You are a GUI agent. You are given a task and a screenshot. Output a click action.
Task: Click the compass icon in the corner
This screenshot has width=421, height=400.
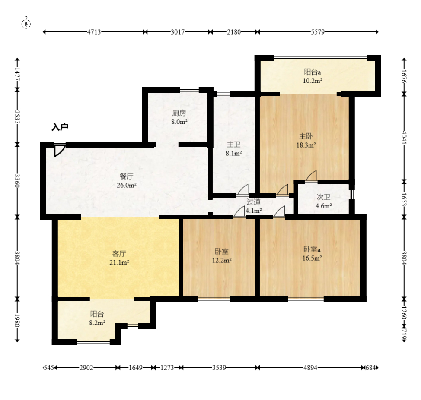(x=26, y=24)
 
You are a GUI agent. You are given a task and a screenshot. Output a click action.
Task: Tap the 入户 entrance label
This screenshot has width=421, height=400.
(x=60, y=127)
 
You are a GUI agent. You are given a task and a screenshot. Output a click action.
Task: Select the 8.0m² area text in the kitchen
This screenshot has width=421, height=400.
(x=179, y=122)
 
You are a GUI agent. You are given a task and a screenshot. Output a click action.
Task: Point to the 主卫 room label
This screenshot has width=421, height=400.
(x=233, y=145)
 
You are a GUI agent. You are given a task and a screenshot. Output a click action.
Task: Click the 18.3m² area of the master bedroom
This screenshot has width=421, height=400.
(x=306, y=145)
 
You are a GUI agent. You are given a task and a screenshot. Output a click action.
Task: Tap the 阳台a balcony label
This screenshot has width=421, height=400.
(x=313, y=72)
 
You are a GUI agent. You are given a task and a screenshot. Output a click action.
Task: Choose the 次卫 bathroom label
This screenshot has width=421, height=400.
(x=324, y=197)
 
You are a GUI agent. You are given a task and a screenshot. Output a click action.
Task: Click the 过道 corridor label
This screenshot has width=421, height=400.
(x=253, y=202)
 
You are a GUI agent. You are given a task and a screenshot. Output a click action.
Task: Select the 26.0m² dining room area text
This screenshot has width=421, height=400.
(x=127, y=185)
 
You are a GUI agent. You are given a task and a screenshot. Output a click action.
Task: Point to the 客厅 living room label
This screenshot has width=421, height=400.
(x=119, y=254)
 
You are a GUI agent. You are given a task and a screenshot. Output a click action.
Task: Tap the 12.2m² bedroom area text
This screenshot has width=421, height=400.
(x=222, y=260)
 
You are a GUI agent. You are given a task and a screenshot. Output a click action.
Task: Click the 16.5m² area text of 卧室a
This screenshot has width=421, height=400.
(x=312, y=258)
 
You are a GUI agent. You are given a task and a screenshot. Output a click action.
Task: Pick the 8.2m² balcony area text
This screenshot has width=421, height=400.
(x=97, y=323)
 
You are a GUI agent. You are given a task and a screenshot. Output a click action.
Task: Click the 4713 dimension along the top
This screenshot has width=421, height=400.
(x=94, y=32)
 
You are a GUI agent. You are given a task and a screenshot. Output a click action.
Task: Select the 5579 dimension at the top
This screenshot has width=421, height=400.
(x=318, y=32)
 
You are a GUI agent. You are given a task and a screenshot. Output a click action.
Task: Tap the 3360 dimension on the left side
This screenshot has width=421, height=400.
(x=17, y=181)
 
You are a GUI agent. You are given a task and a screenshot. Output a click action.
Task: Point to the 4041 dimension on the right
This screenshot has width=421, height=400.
(x=404, y=137)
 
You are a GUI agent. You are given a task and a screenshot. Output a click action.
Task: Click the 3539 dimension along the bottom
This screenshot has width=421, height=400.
(x=219, y=368)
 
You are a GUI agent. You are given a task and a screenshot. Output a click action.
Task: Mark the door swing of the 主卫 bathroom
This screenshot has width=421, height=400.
(x=243, y=190)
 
